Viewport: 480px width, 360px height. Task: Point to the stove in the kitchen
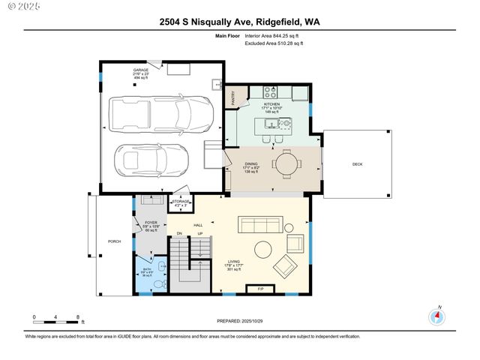click(271, 93)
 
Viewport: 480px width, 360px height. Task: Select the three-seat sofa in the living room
click(259, 225)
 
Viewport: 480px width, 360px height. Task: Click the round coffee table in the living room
click(263, 250)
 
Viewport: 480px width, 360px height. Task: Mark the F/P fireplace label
click(260, 289)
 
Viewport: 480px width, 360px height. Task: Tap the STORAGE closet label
click(180, 201)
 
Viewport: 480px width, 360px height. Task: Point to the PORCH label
click(114, 241)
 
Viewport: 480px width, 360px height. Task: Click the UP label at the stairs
click(199, 235)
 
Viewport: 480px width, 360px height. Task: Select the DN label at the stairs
click(179, 235)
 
